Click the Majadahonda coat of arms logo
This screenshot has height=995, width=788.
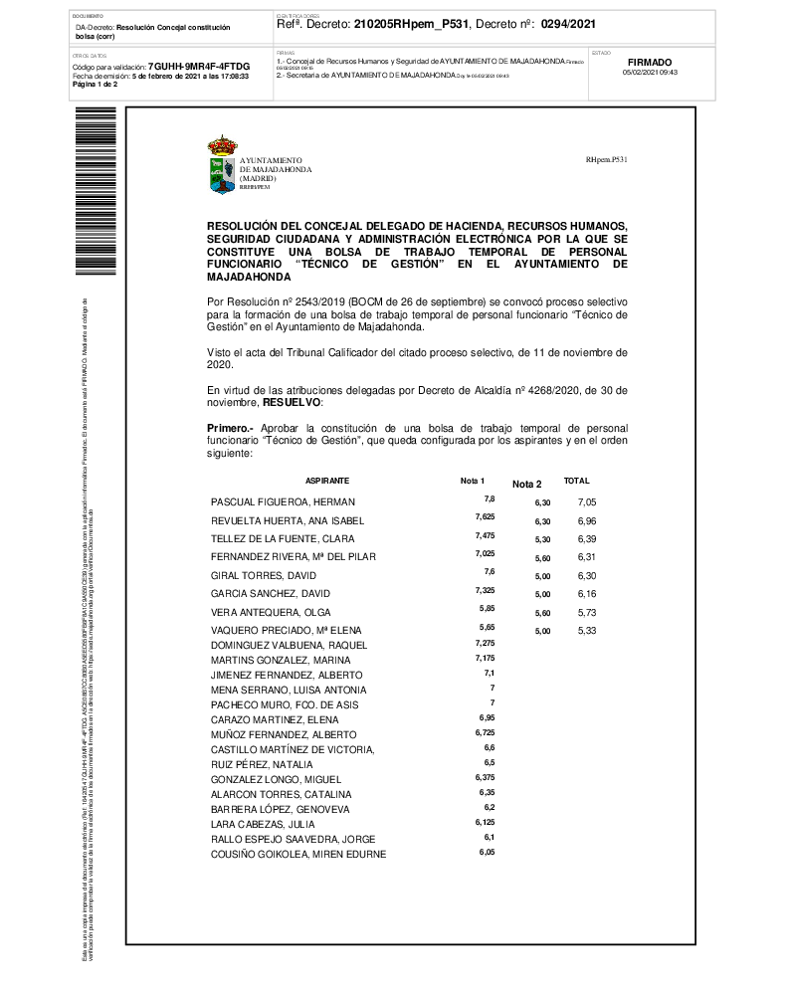[222, 165]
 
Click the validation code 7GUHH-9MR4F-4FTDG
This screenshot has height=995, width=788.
[198, 66]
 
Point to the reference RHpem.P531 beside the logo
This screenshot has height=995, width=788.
[607, 159]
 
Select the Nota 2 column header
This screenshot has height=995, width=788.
[526, 484]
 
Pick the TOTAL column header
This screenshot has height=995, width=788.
[577, 481]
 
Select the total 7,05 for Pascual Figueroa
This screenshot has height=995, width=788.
[587, 502]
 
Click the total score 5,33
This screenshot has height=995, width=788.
[587, 631]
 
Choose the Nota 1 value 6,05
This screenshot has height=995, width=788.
[487, 852]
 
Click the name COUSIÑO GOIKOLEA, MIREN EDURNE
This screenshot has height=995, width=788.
[298, 855]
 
